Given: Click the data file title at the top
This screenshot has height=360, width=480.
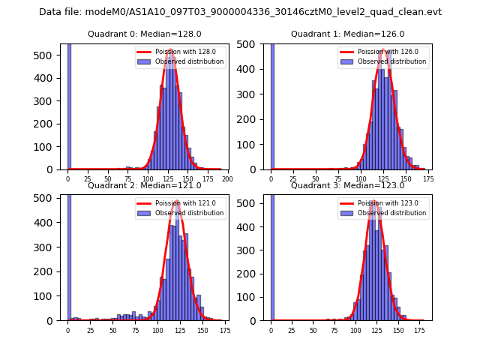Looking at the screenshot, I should (240, 12).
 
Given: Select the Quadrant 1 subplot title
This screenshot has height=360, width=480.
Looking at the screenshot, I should (347, 34).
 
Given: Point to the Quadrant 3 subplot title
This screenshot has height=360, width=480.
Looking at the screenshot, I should (347, 185).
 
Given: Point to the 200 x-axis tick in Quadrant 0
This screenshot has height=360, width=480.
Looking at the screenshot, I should (227, 179).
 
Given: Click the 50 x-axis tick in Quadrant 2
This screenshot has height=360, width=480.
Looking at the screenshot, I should (112, 330).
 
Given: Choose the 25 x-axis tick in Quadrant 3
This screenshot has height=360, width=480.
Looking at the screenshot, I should (292, 330).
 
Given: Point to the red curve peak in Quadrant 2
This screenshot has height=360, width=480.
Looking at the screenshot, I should (177, 202).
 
